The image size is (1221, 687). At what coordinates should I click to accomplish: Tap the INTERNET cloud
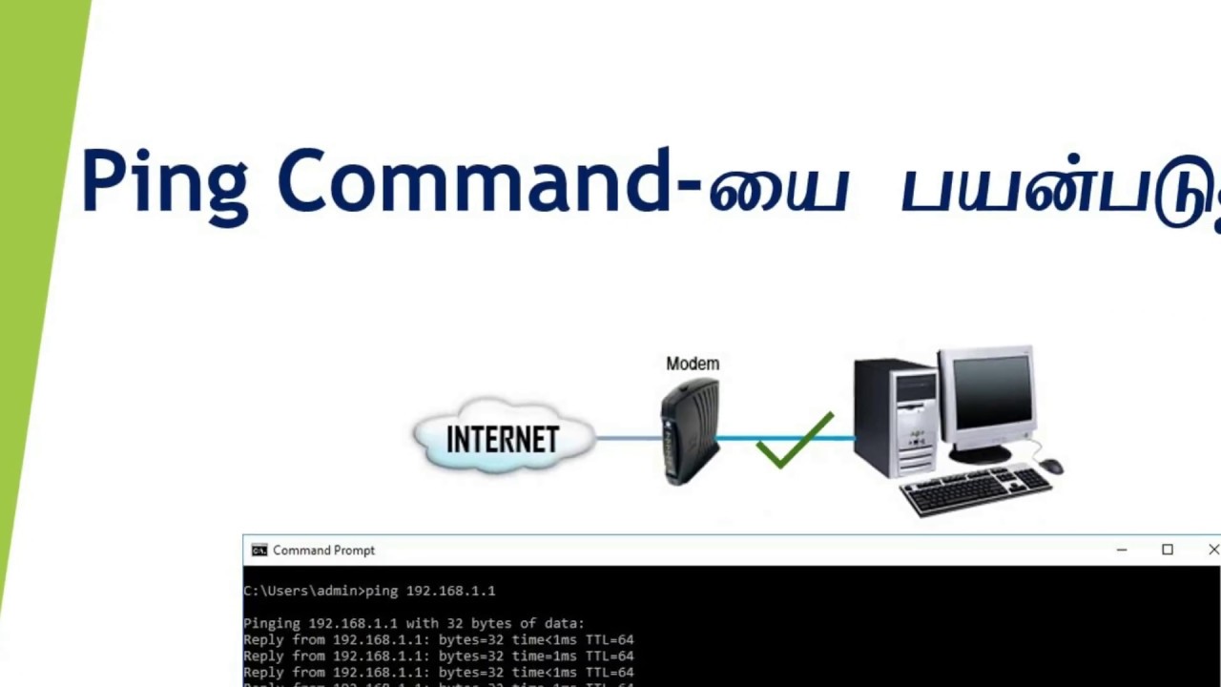[x=503, y=438]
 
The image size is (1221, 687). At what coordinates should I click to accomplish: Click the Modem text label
[x=693, y=364]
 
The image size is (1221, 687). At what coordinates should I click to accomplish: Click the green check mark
[x=794, y=441]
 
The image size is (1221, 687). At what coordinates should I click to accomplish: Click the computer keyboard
[x=975, y=489]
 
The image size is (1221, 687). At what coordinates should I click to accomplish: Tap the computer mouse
[x=1050, y=466]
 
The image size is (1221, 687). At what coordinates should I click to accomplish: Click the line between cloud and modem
[x=628, y=438]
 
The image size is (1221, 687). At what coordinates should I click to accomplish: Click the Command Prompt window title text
[x=323, y=551]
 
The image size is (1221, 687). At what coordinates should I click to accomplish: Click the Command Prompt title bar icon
[x=259, y=551]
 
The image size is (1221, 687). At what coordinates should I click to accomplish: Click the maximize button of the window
[x=1167, y=550]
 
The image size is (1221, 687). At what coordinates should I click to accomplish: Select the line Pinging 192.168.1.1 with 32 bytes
[x=413, y=624]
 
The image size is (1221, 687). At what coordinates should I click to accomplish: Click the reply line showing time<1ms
[x=438, y=640]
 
